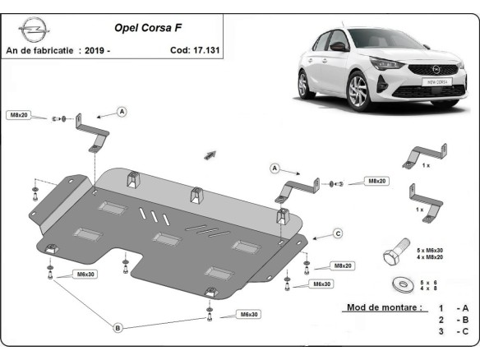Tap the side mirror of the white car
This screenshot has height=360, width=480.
pos(338,48)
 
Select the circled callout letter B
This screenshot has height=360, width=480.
pos(118,328)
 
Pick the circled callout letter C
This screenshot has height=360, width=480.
pos(337,234)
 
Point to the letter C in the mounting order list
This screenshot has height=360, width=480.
pos(465,332)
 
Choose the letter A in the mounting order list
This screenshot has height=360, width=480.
pos(465,307)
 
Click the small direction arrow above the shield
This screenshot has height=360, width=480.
pos(210,154)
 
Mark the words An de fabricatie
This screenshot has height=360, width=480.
pos(40,51)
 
